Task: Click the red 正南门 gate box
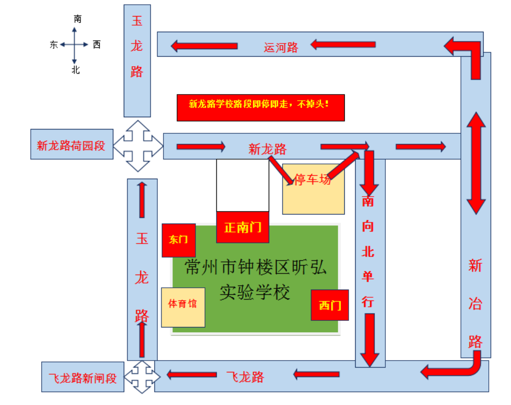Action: click(243, 227)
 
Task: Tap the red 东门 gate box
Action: click(179, 240)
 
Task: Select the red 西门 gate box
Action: click(330, 305)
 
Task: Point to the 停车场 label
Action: click(313, 180)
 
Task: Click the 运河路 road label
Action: click(281, 47)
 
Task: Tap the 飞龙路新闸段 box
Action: click(83, 377)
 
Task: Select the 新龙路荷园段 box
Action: click(71, 145)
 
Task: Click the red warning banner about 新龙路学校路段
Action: click(260, 107)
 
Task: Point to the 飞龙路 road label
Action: click(245, 377)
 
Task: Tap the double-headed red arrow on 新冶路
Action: click(476, 163)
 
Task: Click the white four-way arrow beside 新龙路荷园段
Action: click(138, 146)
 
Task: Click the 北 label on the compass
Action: click(76, 70)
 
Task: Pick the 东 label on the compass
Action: click(54, 45)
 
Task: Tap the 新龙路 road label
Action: click(268, 149)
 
